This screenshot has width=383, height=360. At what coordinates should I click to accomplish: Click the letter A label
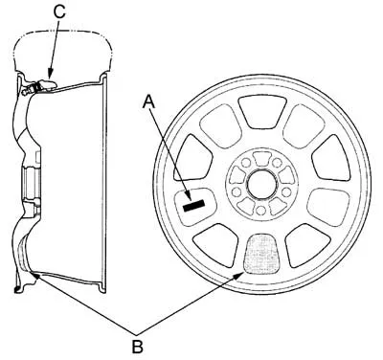(x=149, y=101)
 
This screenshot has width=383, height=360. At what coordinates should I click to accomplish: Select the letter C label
(x=58, y=11)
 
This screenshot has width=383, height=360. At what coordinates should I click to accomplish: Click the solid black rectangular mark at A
(x=194, y=202)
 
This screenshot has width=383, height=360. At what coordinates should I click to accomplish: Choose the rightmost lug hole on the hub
(x=287, y=187)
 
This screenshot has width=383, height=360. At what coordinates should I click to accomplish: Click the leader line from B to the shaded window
(x=191, y=301)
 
